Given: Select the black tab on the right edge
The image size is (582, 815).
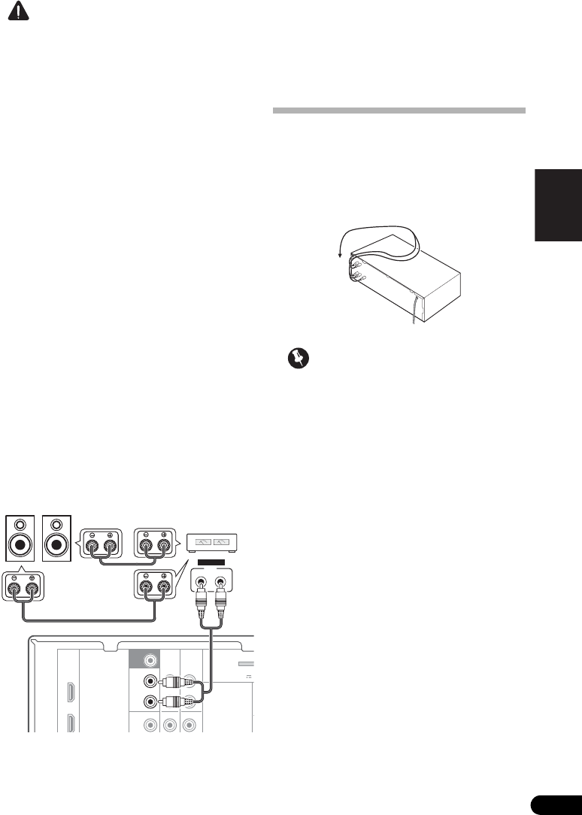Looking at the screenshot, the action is click(557, 205).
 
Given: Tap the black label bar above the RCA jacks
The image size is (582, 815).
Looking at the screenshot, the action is click(211, 562).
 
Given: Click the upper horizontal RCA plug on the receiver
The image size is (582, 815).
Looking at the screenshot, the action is click(179, 683).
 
